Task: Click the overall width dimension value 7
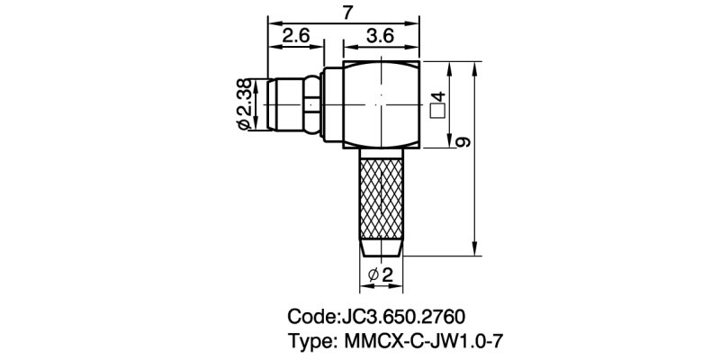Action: click(347, 12)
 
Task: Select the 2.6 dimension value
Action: click(296, 37)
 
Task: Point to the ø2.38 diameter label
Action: click(243, 104)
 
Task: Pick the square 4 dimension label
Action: click(438, 104)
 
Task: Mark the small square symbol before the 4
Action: click(438, 112)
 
